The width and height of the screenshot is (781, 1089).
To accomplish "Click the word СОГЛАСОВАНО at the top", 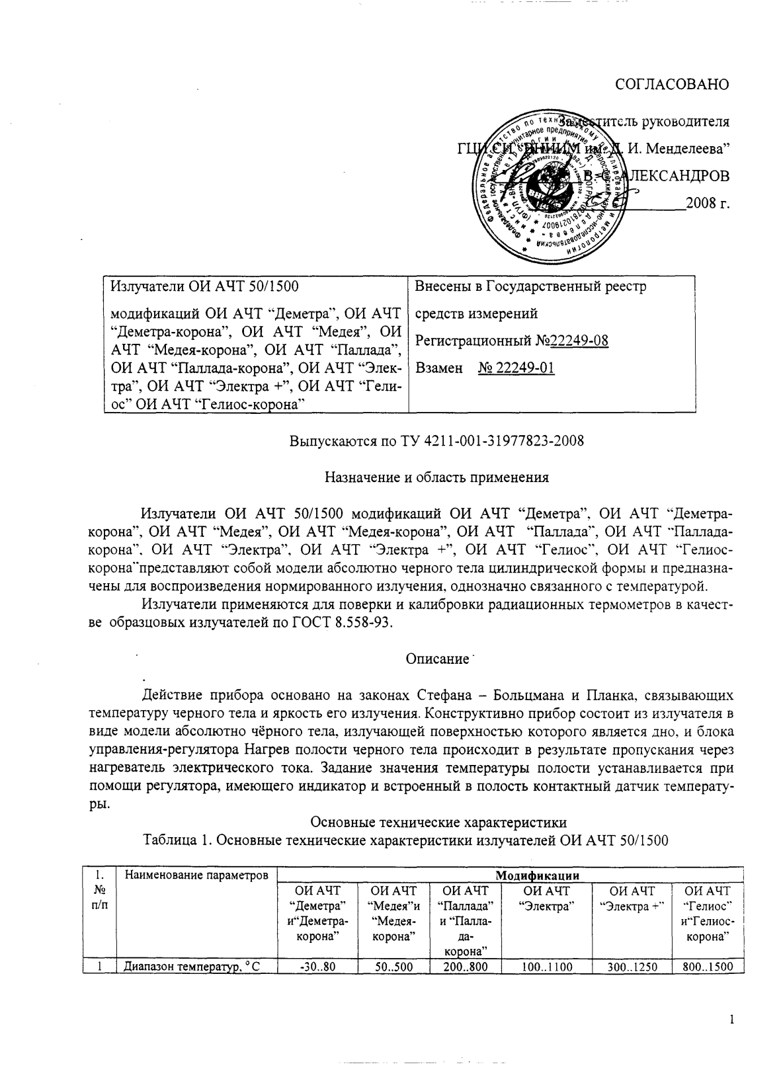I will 672,85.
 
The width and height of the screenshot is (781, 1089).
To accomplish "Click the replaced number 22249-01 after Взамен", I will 516,368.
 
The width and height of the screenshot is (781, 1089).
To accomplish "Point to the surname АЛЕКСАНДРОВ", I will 675,176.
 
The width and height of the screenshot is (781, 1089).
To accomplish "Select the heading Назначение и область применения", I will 438,477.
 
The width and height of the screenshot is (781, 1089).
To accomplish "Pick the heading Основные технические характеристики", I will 438,823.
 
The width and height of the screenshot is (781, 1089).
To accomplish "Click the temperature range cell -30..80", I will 317,967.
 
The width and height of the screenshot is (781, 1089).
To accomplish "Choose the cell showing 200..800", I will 466,967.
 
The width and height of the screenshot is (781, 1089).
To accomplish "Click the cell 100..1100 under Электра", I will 546,967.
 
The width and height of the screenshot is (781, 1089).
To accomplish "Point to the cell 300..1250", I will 632,967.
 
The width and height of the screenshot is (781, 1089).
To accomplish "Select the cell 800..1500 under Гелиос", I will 707,967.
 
